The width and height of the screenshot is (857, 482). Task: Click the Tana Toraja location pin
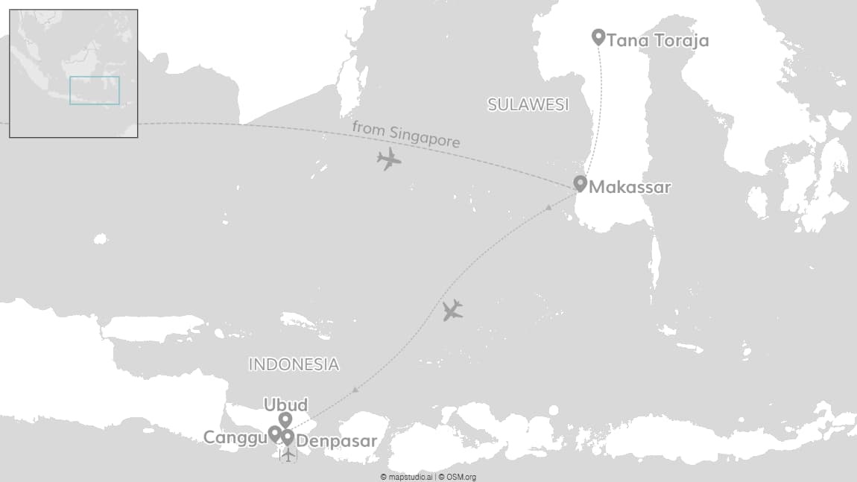tap(598, 36)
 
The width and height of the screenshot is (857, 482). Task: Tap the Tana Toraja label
tap(657, 40)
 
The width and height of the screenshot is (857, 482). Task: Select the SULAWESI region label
tap(528, 104)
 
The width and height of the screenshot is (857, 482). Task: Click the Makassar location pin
tap(580, 183)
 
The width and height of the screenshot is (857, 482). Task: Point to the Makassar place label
tap(630, 188)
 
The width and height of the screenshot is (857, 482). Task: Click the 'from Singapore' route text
tap(405, 134)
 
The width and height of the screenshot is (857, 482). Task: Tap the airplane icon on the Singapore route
tap(388, 159)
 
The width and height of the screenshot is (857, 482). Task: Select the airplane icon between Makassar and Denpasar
tap(452, 310)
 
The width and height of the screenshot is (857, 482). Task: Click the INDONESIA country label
tap(294, 364)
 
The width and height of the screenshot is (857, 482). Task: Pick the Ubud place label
tap(285, 405)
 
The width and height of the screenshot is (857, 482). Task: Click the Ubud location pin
tap(285, 419)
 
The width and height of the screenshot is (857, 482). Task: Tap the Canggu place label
tap(235, 437)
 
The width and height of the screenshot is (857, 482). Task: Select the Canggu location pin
tap(274, 433)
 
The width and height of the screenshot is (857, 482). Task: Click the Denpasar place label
tap(336, 442)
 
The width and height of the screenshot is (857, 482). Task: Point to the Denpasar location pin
tap(288, 437)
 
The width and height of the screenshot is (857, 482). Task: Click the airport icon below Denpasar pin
tap(288, 454)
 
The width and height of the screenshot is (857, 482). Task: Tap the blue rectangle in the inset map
tap(95, 90)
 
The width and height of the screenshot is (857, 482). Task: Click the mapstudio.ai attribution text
tap(407, 477)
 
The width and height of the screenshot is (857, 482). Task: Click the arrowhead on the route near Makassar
tap(549, 206)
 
